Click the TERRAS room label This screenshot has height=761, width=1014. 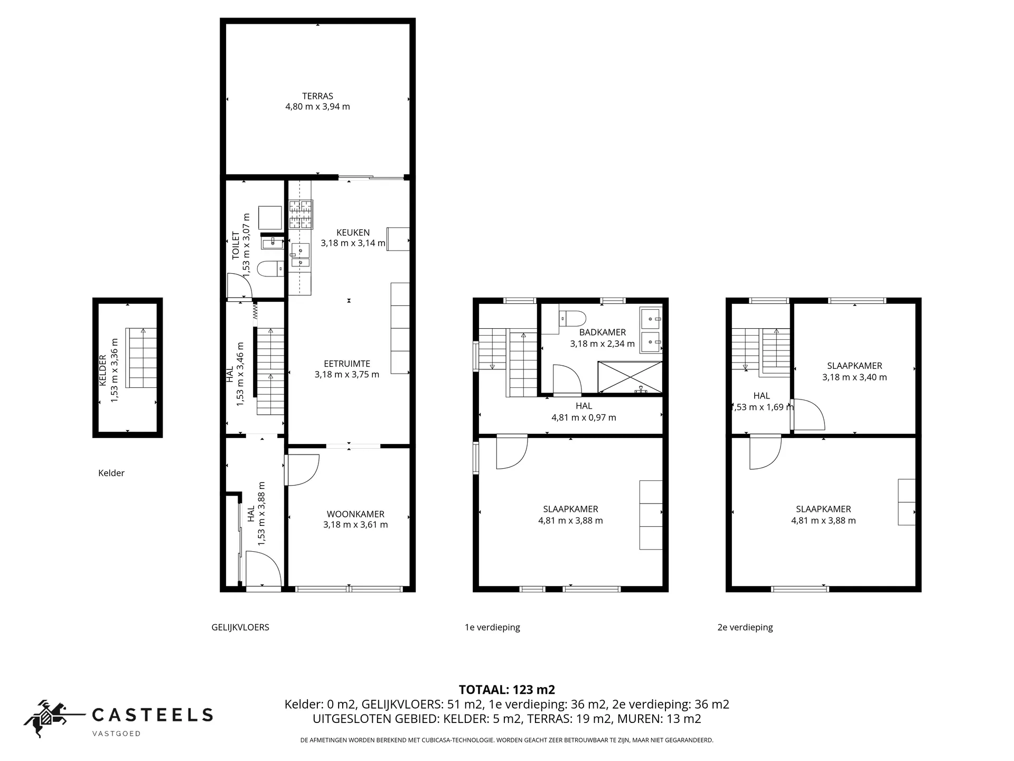pos(317,96)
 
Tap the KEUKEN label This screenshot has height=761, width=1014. pos(353,233)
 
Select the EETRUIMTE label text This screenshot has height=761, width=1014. pos(347,364)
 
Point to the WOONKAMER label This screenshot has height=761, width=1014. pos(355,514)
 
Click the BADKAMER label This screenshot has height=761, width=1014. pos(602,332)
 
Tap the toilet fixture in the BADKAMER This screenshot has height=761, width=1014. pos(573,319)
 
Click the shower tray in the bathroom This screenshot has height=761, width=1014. pos(630,377)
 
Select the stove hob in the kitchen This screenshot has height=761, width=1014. pos(301,214)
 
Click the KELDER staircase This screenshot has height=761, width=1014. pos(142,358)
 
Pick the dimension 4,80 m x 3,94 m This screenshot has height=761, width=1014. pos(317,107)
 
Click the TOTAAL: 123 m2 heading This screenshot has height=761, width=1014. pos(507,690)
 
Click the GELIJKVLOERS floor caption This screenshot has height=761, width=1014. pos(240,627)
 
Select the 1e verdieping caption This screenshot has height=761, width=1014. pos(492,627)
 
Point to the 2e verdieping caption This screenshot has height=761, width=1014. pos(745,627)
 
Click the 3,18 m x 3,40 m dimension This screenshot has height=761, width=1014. pos(855,377)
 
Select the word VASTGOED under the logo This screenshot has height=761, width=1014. pos(116,734)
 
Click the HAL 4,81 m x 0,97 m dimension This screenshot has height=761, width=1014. pos(584,417)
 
